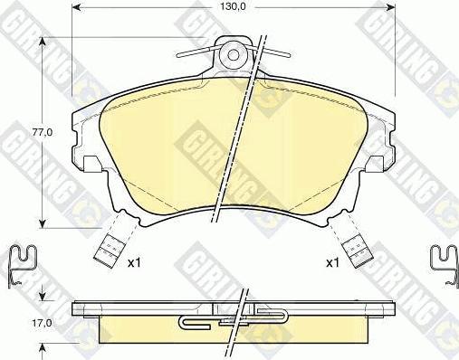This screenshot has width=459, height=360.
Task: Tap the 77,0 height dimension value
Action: (x=56, y=131)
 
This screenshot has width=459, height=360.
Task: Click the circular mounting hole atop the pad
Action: (x=234, y=53)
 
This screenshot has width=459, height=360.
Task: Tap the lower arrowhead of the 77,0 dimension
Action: (x=42, y=222)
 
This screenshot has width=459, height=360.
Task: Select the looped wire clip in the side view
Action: (x=234, y=317)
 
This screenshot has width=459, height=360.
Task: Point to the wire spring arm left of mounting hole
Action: (x=195, y=51)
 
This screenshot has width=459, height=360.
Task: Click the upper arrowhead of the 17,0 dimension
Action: (x=42, y=297)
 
